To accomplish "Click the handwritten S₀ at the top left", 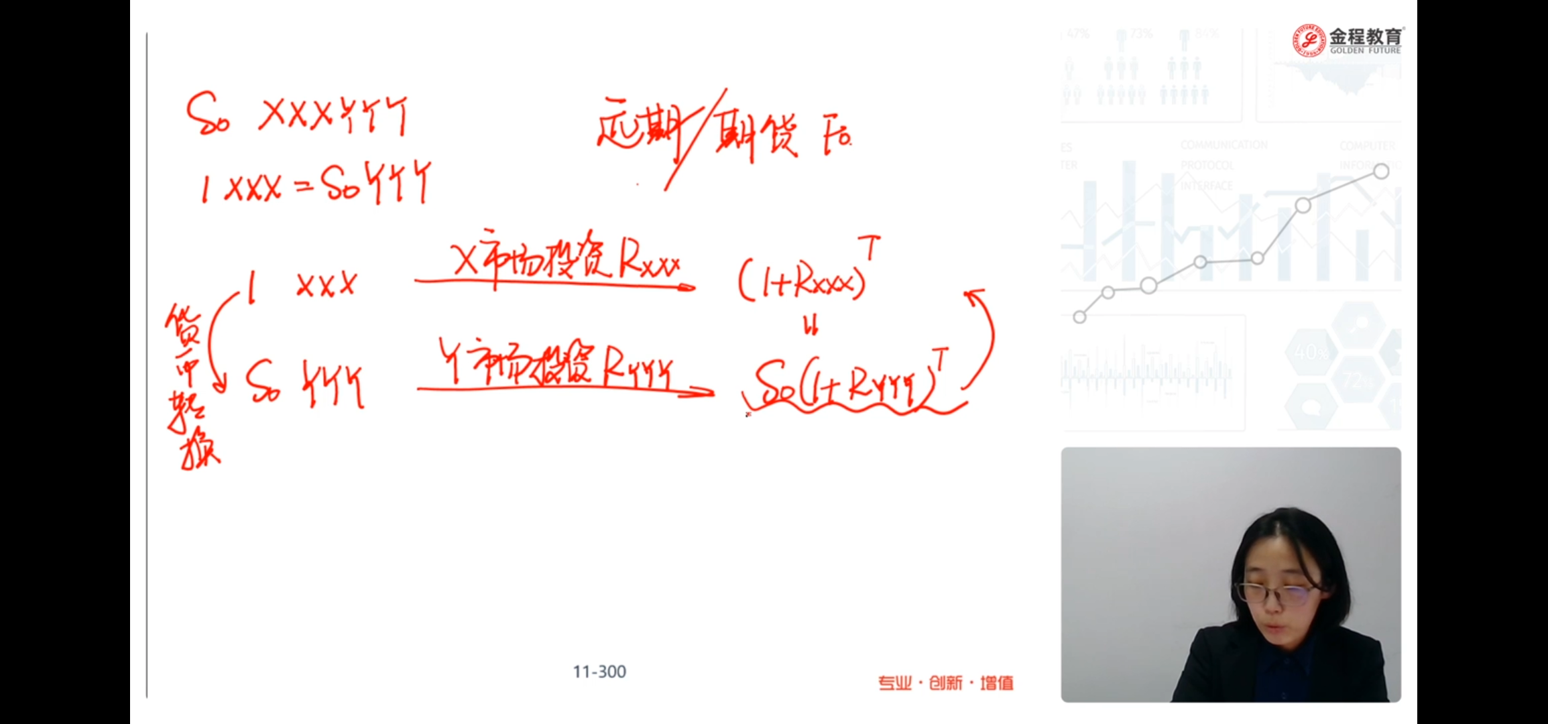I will [x=207, y=114].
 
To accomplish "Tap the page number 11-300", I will [x=599, y=672].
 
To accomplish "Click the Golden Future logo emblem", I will [x=1309, y=40].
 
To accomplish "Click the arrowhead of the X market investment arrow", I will [x=687, y=288].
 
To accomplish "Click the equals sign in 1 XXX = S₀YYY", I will [x=303, y=188].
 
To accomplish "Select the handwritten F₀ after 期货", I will [x=837, y=137].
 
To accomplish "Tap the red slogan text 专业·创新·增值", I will [x=946, y=683].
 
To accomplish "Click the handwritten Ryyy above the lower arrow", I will [x=637, y=369].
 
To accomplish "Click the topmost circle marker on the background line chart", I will [x=1381, y=172].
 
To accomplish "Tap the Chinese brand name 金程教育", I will [x=1366, y=36].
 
